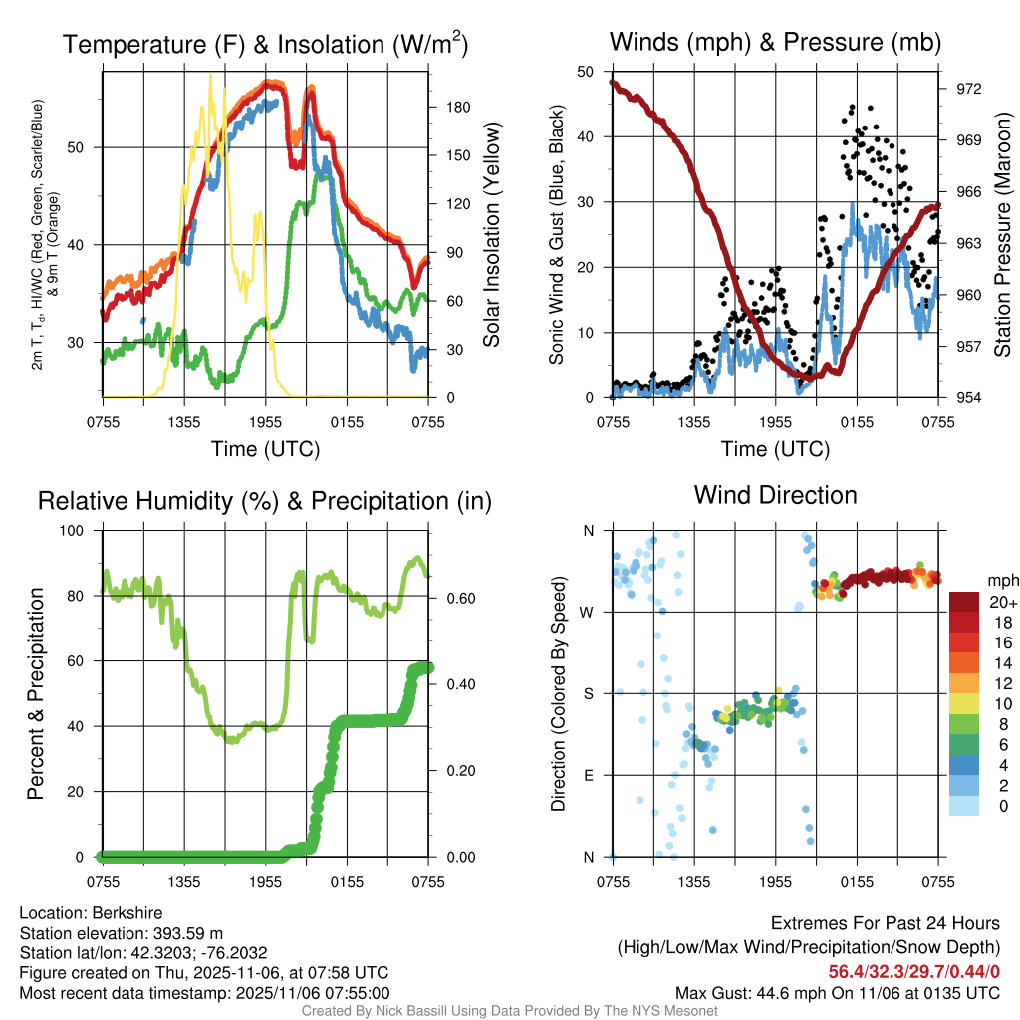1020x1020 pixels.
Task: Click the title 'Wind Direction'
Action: point(775,495)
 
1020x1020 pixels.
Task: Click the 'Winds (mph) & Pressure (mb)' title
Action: point(775,42)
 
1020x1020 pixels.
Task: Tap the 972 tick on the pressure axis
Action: point(969,88)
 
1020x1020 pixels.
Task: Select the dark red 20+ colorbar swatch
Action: point(966,602)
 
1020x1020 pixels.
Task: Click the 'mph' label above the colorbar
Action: point(1001,580)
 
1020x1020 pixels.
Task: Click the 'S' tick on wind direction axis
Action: point(589,693)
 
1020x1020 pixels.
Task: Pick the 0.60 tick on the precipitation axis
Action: point(452,598)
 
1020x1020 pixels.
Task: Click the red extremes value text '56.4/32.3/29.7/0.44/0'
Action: point(913,971)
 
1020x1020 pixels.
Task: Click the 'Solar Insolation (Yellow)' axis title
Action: point(492,235)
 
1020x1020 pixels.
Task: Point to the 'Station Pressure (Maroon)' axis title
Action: point(1002,235)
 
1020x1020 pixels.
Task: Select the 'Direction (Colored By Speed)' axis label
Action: point(559,693)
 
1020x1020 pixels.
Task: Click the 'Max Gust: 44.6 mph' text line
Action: point(837,993)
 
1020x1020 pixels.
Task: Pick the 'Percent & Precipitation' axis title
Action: point(36,693)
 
